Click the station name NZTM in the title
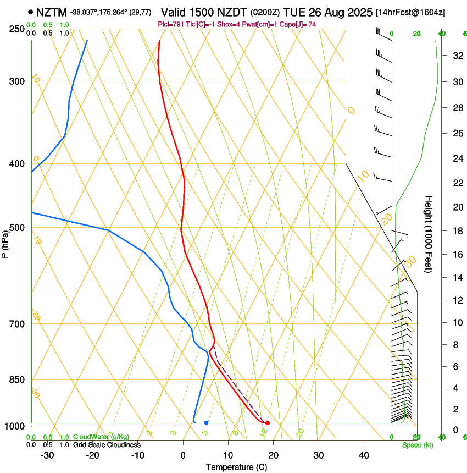click(52, 12)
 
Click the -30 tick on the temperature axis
click(47, 455)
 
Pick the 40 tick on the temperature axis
click(363, 455)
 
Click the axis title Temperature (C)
click(236, 467)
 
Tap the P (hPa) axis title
click(5, 242)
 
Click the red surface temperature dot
click(268, 422)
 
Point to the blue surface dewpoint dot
click(206, 422)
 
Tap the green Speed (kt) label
click(417, 445)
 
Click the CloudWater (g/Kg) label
click(101, 437)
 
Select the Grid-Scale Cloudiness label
click(107, 445)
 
